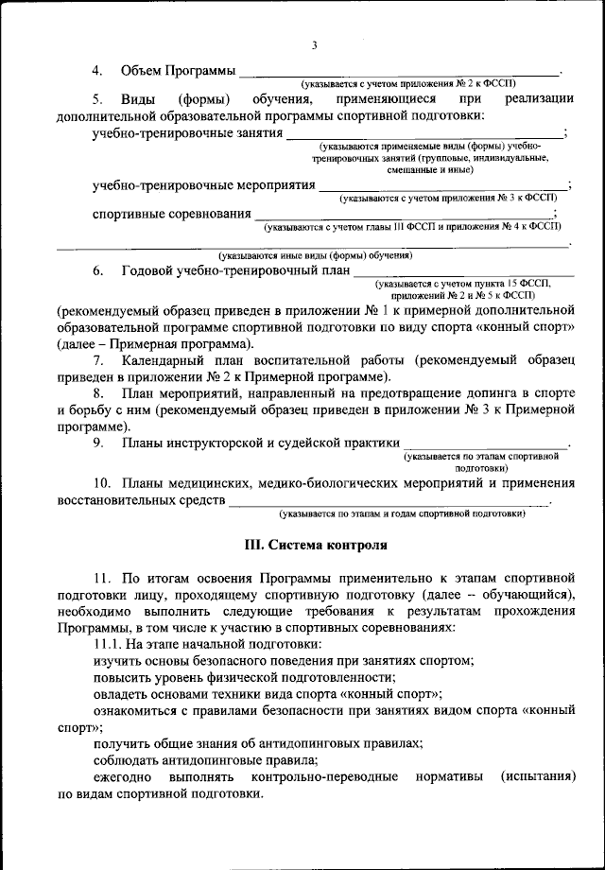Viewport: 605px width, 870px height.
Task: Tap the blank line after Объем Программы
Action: click(x=398, y=73)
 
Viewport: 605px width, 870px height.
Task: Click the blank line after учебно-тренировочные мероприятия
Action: click(x=443, y=186)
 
